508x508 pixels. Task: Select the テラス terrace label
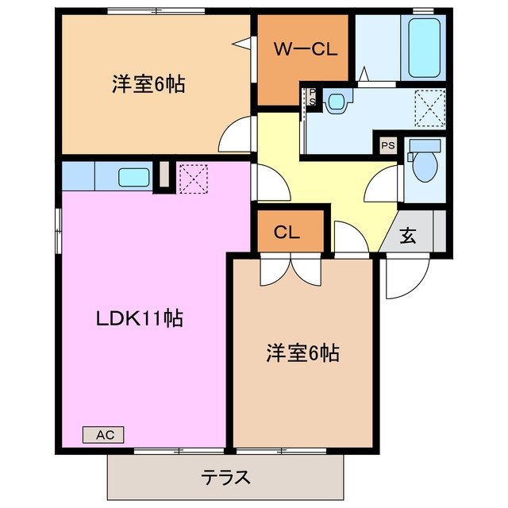226,478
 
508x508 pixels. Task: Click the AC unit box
103,434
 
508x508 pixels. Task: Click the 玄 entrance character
408,235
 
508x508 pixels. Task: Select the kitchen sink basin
134,177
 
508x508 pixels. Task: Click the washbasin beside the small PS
337,101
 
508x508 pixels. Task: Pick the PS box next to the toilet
387,146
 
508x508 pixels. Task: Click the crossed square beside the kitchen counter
192,176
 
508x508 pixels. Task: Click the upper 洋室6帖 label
148,84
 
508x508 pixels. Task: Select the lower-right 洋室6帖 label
302,352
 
